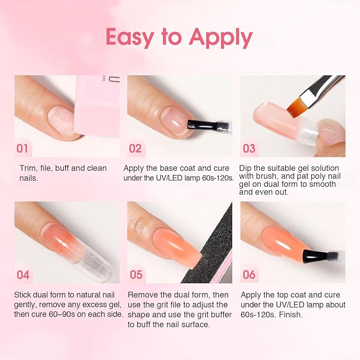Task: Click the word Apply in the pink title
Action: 221,38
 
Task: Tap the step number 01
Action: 22,148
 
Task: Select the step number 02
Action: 135,148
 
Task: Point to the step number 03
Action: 249,148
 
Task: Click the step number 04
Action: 23,275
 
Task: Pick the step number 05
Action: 136,275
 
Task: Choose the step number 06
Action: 249,275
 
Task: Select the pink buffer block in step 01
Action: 97,106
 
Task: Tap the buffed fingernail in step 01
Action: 62,120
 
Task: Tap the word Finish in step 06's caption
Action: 291,314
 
